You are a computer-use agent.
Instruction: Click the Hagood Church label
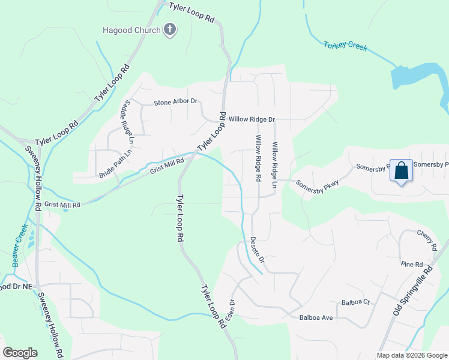point(131,31)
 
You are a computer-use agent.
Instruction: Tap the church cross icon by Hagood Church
point(170,30)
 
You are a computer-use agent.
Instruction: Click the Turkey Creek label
point(345,46)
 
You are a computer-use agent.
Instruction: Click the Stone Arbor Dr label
point(176,102)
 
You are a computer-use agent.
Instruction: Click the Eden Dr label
point(229,310)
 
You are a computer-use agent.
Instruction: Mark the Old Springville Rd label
point(413,292)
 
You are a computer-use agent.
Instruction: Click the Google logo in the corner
point(20,353)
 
